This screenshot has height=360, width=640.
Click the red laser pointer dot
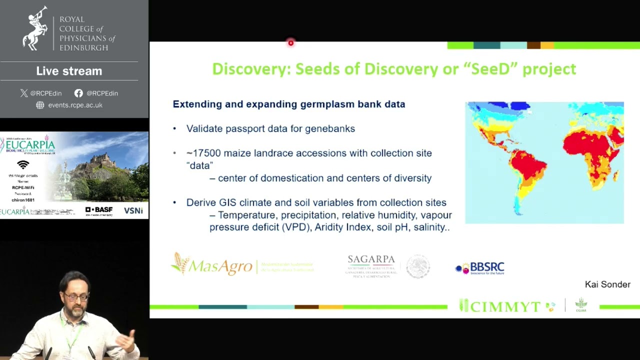290,43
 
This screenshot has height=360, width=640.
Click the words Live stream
69,71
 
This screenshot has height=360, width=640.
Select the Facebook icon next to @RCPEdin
78,93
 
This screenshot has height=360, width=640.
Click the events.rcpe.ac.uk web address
75,105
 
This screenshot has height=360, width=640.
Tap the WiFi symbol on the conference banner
23,164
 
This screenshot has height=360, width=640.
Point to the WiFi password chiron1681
23,200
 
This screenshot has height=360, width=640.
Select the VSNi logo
133,210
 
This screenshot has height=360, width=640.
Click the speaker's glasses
76,297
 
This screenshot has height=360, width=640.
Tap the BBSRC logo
479,268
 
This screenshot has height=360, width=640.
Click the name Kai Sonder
607,284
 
